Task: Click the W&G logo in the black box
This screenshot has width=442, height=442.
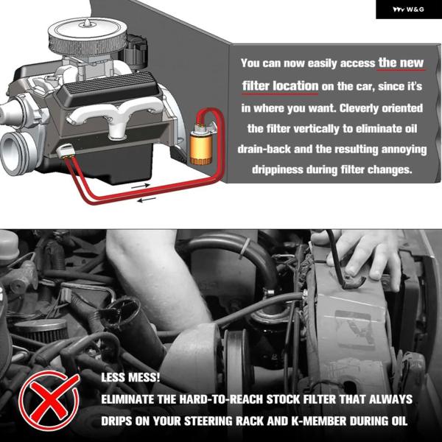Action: click(x=408, y=10)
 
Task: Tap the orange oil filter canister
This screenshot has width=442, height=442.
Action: click(x=200, y=149)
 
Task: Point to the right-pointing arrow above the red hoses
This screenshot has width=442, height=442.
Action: click(x=141, y=186)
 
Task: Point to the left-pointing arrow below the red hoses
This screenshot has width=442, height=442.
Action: click(x=147, y=200)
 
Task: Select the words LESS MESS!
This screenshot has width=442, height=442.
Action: click(x=130, y=377)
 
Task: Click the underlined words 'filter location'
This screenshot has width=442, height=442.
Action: click(x=280, y=85)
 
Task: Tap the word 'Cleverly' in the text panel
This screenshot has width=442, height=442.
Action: click(x=359, y=108)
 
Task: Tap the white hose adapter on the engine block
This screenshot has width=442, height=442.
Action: click(x=66, y=151)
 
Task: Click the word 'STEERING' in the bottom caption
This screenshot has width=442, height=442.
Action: click(x=207, y=421)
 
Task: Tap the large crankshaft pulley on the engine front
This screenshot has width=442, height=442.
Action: click(x=18, y=152)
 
